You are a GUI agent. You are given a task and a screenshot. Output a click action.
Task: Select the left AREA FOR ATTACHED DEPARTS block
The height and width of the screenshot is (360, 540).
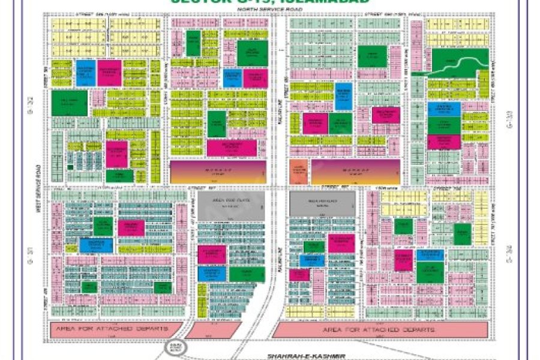114,329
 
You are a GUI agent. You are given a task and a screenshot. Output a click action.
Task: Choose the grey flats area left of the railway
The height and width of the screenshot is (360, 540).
232,206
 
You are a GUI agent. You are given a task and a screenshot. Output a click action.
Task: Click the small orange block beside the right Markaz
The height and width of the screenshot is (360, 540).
298,172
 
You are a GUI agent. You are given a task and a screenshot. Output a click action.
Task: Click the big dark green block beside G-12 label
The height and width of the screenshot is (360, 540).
70,103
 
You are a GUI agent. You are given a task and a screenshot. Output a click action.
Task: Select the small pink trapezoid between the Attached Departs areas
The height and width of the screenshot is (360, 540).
215,329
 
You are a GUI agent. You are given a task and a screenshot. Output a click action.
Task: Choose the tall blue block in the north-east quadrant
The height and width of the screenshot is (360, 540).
343,96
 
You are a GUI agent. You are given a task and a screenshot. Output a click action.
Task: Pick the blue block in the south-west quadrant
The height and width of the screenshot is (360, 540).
96,245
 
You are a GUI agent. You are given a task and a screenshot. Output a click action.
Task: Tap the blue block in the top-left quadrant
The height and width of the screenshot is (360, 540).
85,72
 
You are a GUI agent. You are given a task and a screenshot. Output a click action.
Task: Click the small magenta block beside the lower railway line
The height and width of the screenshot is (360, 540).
299,275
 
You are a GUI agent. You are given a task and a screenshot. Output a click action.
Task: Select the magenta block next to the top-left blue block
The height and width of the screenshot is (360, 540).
110,72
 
